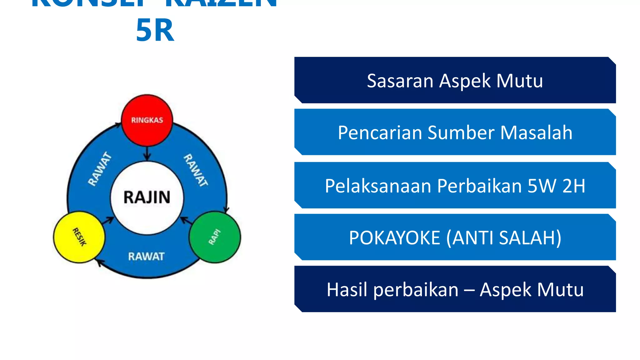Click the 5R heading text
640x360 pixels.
click(x=155, y=30)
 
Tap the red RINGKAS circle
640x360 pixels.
click(x=147, y=120)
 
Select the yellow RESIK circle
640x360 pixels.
click(x=79, y=237)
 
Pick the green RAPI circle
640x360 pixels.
click(x=215, y=237)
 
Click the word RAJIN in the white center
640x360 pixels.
click(x=147, y=197)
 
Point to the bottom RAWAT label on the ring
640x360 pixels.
click(x=146, y=257)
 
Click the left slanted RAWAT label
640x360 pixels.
click(x=99, y=169)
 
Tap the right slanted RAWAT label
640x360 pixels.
click(x=196, y=170)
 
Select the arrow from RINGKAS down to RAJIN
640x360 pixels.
click(x=147, y=154)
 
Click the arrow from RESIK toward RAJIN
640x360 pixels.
click(x=108, y=220)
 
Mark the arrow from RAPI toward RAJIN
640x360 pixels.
click(x=186, y=220)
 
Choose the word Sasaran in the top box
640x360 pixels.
click(x=400, y=81)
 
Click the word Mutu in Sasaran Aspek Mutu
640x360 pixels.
click(x=519, y=81)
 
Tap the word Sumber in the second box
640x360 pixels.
click(x=461, y=133)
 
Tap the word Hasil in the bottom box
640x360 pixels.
click(x=347, y=290)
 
